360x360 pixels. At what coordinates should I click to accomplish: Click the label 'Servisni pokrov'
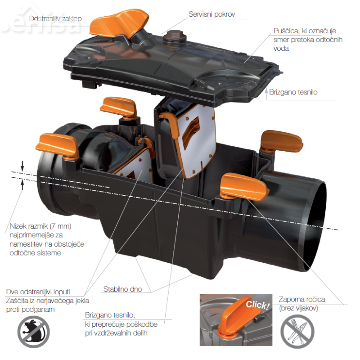coord(211,14)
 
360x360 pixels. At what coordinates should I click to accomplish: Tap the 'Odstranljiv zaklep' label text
coord(55,18)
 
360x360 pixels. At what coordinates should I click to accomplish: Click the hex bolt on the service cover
coord(175,36)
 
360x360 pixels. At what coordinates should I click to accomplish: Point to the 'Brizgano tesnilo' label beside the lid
coord(293,92)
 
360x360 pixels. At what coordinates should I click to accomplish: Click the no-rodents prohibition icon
coord(33,332)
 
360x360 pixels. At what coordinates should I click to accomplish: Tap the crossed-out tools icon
coord(297,331)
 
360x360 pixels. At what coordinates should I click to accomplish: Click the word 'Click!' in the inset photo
coord(257,305)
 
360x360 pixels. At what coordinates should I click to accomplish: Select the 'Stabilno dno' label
coord(122,289)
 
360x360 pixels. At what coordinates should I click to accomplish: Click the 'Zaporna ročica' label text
coord(301,299)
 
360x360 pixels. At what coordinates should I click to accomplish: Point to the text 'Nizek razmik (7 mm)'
coord(40,226)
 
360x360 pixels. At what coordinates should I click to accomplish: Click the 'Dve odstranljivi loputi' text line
coord(38,292)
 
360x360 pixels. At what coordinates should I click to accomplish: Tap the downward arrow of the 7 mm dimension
coord(22,166)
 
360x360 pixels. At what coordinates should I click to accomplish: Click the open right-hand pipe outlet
coord(315,225)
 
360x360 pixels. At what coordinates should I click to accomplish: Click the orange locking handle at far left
coord(58,146)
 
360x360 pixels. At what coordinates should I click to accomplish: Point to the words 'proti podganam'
coord(30,310)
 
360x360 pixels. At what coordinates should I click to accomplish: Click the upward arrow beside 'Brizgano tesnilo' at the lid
coord(266,94)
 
